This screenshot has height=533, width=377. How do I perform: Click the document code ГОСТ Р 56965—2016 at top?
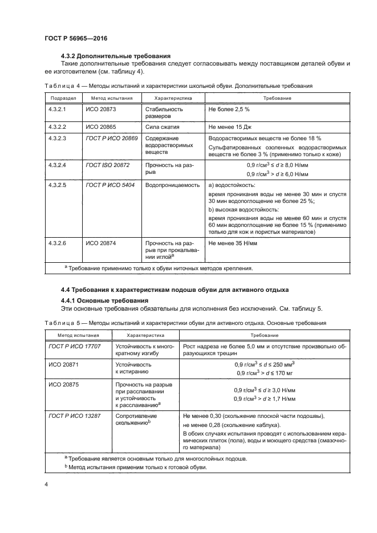(x=76, y=38)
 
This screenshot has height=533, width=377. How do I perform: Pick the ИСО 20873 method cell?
(x=100, y=108)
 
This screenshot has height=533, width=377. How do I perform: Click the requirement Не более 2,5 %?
(x=230, y=108)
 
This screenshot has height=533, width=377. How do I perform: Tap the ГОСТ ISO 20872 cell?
(x=107, y=165)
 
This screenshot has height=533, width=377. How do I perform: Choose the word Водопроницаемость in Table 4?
(x=172, y=185)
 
